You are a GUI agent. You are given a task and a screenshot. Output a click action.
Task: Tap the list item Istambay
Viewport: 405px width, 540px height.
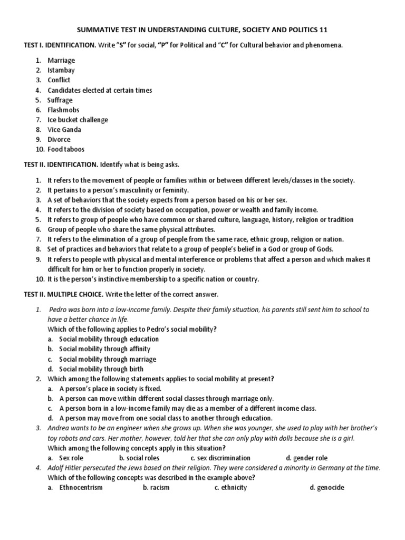61,70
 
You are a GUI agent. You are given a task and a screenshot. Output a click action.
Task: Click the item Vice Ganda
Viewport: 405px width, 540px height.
64,130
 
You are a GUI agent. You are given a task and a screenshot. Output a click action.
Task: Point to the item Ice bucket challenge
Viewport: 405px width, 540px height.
78,120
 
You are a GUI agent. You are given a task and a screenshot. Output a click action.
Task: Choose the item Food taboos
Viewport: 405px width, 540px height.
66,149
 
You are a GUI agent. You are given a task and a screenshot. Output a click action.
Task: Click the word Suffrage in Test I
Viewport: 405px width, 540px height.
60,100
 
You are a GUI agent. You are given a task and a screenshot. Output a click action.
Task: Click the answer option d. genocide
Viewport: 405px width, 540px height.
327,487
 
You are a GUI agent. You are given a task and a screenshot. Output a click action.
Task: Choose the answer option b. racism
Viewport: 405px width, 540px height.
156,487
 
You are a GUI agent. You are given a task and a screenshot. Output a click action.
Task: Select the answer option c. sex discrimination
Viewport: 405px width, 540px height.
220,458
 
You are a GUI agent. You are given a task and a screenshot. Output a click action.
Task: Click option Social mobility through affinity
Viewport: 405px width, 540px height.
104,349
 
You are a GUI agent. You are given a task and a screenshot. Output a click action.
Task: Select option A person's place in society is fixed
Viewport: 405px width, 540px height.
110,389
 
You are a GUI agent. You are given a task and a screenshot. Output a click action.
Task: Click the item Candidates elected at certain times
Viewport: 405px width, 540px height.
100,90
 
